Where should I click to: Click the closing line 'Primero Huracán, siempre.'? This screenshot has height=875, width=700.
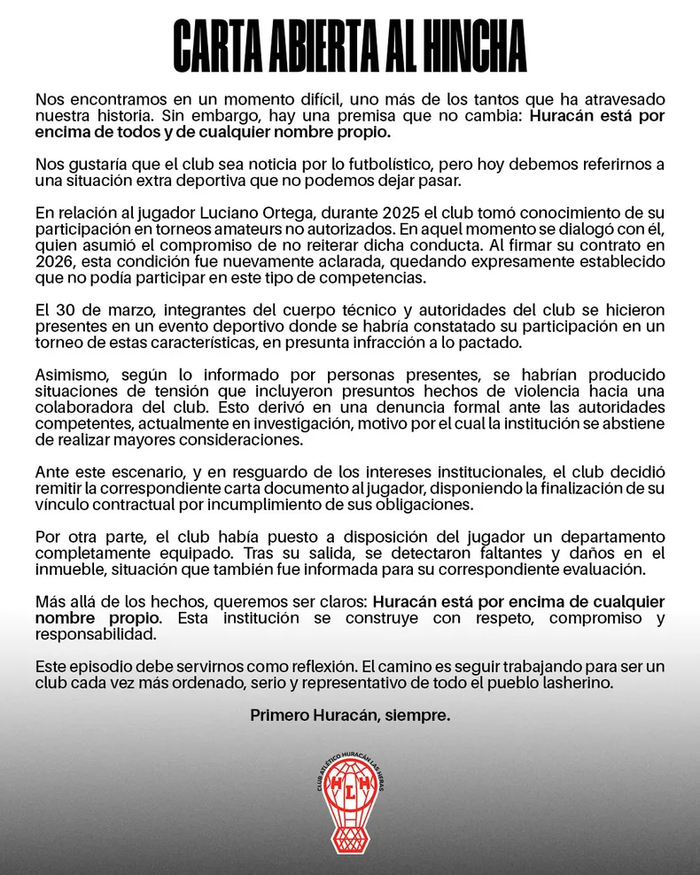coord(350,715)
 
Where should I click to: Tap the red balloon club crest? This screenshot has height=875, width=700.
coord(350,801)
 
